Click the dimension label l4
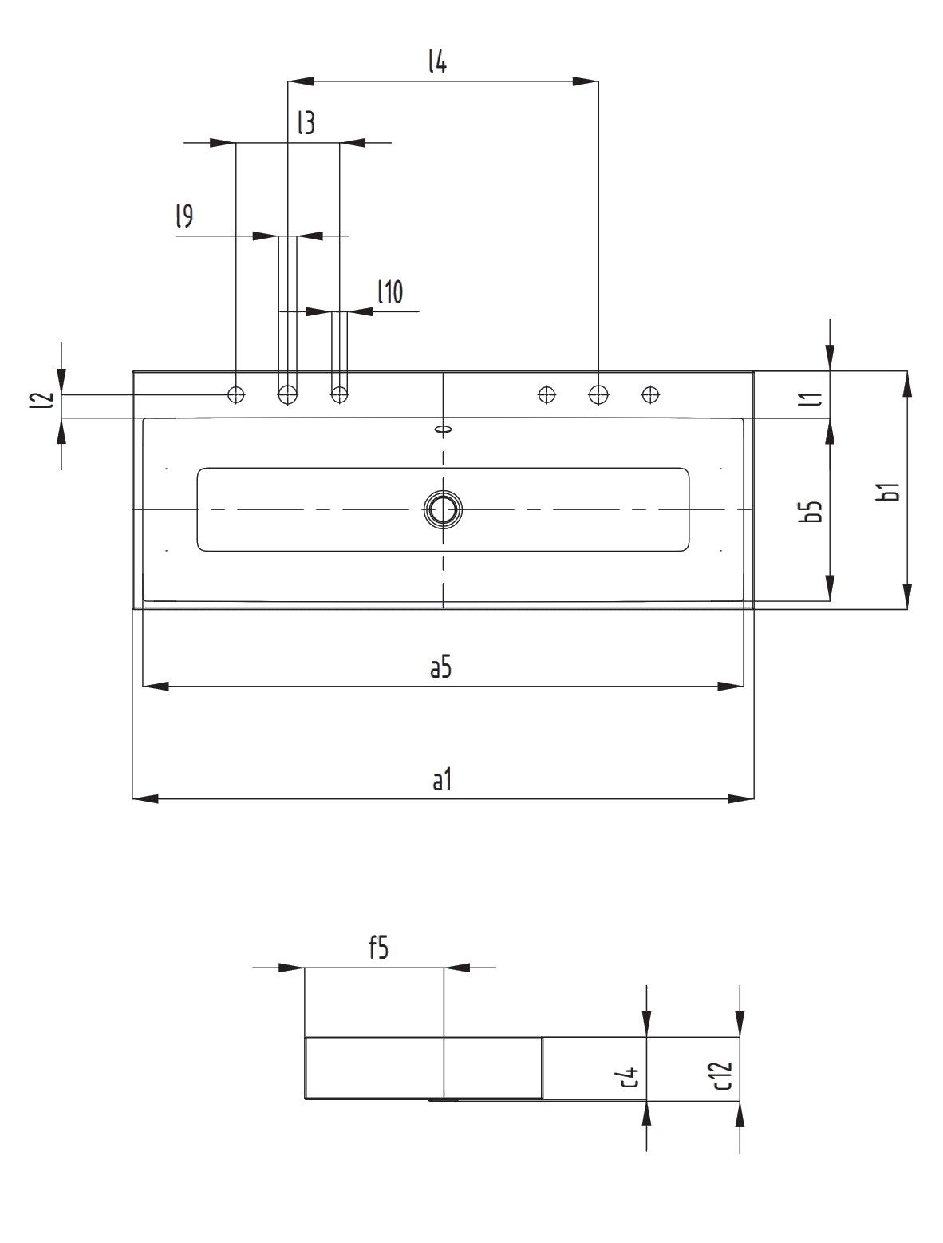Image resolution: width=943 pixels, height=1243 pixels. [436, 61]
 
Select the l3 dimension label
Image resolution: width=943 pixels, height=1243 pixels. [306, 123]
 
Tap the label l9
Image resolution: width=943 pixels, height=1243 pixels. [183, 216]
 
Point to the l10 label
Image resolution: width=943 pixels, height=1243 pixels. [390, 293]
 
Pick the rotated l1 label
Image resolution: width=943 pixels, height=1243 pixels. [814, 397]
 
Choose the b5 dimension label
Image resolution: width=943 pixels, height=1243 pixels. [813, 512]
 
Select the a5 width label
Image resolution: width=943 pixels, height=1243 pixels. [440, 667]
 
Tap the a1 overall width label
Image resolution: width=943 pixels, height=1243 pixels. [442, 780]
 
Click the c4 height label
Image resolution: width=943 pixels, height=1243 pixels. [631, 1079]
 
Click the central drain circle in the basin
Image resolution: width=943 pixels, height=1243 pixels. [443, 509]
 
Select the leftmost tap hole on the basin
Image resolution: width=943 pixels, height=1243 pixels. [236, 394]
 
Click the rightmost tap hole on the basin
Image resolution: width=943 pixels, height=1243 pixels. [651, 394]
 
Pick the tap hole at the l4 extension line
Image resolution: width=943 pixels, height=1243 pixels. [598, 394]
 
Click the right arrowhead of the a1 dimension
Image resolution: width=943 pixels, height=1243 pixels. [741, 798]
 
